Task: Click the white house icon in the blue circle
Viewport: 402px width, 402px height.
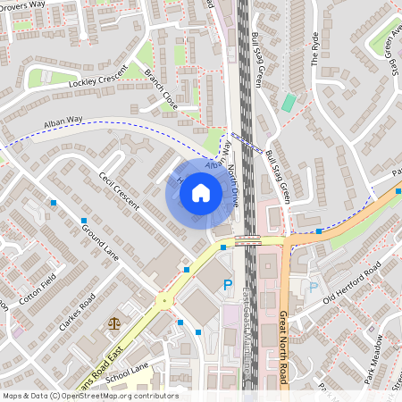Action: (201, 192)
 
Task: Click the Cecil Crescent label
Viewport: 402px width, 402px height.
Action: (119, 190)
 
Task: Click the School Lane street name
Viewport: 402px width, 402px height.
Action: (129, 373)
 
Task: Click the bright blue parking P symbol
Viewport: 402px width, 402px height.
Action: (227, 285)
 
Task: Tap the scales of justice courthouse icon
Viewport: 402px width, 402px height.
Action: (113, 323)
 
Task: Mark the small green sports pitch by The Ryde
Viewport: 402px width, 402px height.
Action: (288, 102)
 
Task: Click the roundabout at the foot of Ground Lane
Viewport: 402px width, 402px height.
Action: (163, 301)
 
